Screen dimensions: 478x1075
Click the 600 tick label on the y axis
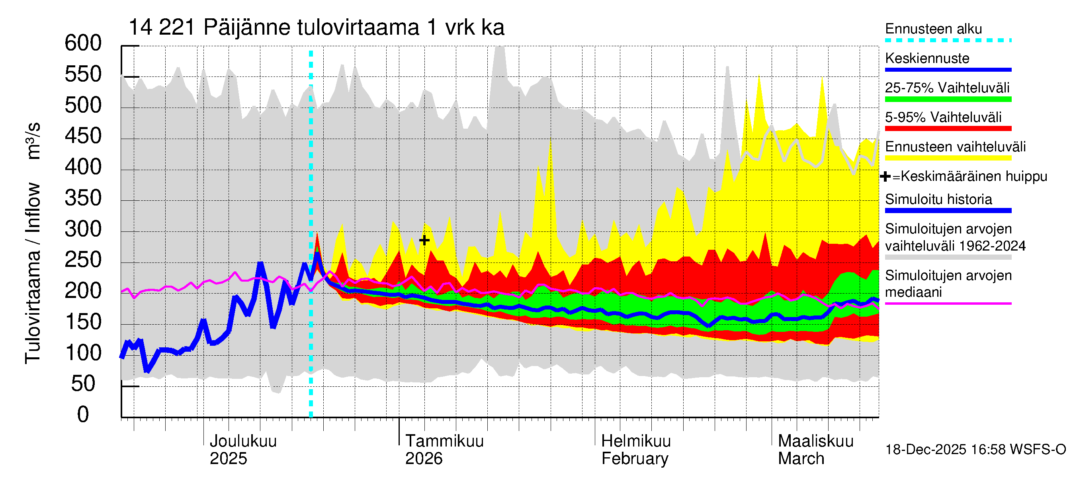[x=83, y=43]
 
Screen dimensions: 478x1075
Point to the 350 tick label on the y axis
[x=83, y=198]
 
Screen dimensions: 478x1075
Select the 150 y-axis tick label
[x=83, y=322]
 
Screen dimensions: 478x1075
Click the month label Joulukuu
[x=243, y=441]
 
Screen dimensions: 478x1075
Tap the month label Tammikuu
[x=444, y=441]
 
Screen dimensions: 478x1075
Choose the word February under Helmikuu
[x=635, y=459]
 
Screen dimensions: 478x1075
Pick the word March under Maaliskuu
[x=801, y=459]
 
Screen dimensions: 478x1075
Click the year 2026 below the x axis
[x=424, y=459]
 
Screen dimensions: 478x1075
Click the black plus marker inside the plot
[x=424, y=240]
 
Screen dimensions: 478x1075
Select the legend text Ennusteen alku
[x=933, y=29]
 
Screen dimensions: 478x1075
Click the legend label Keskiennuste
[x=927, y=59]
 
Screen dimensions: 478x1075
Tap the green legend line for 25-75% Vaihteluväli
[x=948, y=99]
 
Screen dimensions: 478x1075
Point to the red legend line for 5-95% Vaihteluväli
[x=948, y=129]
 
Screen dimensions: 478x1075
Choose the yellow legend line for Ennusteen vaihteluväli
[x=948, y=158]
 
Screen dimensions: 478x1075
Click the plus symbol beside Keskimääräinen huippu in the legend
[x=885, y=176]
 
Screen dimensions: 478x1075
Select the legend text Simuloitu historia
[x=938, y=200]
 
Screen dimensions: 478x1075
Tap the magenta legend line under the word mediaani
[x=948, y=304]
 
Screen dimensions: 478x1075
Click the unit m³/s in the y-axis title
[x=33, y=141]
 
